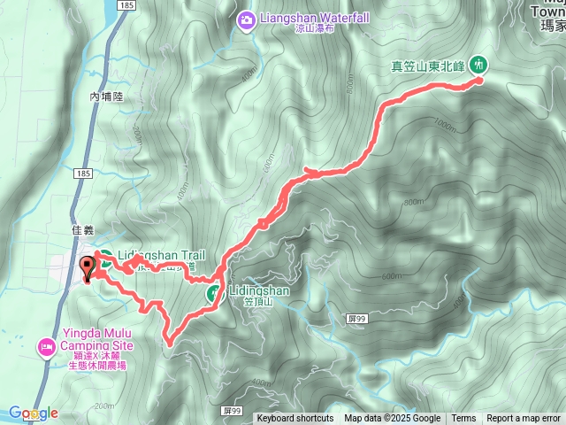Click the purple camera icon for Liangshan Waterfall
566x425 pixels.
tap(247, 18)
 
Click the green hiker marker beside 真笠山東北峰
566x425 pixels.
tap(478, 64)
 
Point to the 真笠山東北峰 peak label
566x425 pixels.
tap(429, 65)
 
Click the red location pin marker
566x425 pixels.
tap(88, 268)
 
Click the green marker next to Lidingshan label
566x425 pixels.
tap(214, 293)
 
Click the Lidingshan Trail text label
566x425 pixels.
tap(156, 255)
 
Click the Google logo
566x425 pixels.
tap(34, 413)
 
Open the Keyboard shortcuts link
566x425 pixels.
tap(295, 419)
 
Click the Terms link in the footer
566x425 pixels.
tap(463, 419)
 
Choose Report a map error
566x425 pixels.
tap(524, 419)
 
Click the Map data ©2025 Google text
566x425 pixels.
tap(393, 419)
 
